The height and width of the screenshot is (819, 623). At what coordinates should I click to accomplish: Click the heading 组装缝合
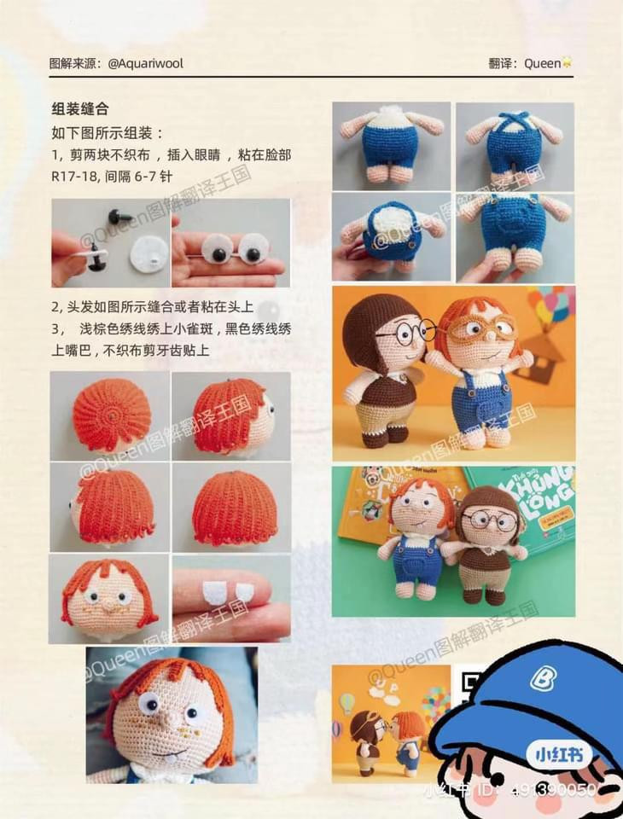[x=79, y=109]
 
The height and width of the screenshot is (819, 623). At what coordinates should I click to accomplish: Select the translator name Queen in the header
[x=542, y=63]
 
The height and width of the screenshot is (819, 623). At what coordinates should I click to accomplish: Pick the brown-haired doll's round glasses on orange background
[x=407, y=333]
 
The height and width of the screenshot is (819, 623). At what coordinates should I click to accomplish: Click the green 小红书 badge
[x=547, y=754]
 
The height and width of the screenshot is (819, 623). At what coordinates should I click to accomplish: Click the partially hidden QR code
[x=469, y=683]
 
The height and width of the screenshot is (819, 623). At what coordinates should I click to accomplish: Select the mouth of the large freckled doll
[x=174, y=752]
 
